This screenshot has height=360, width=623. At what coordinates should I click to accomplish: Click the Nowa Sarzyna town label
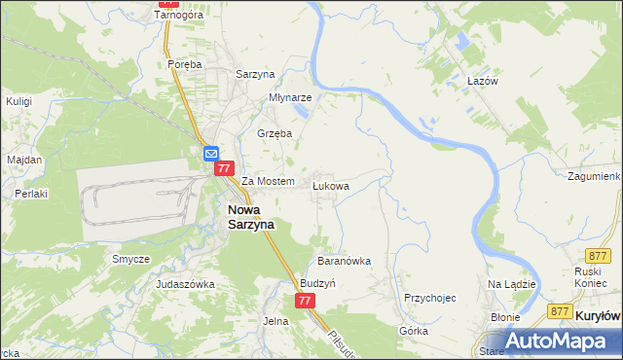(251, 216)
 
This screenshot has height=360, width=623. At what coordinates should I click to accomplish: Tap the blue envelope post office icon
(211, 153)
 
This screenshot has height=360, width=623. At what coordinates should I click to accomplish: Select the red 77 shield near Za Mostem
(225, 168)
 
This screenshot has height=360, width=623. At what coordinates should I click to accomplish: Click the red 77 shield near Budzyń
(306, 301)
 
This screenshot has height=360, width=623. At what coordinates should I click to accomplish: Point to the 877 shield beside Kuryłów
(559, 310)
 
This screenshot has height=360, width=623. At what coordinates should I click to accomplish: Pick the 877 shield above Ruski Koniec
(599, 253)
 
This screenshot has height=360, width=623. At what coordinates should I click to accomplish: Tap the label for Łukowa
(330, 184)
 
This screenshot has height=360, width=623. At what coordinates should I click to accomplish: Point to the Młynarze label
(290, 97)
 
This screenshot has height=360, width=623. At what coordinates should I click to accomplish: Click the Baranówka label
(345, 261)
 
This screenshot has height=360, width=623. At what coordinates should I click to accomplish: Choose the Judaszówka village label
(185, 284)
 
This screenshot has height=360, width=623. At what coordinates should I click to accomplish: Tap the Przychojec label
(430, 298)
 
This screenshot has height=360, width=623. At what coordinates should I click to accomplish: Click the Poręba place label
(184, 64)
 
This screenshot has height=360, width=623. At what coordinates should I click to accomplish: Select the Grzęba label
(274, 133)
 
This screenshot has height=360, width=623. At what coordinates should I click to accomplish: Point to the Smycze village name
(130, 259)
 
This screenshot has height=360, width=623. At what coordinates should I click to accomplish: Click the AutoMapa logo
(552, 342)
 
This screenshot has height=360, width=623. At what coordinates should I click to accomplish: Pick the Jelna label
(276, 320)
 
